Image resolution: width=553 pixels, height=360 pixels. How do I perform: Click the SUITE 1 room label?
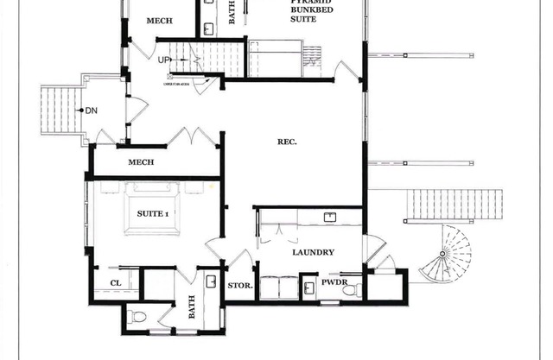[153, 212]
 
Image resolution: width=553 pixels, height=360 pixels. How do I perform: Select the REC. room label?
[288, 142]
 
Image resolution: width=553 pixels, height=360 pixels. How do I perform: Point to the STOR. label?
[239, 285]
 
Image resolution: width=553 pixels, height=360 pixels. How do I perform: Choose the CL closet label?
[115, 283]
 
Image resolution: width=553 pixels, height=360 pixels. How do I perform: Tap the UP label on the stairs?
[164, 60]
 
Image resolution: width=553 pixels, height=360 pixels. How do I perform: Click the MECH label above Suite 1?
[141, 162]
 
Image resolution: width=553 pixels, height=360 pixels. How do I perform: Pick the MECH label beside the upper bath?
[158, 20]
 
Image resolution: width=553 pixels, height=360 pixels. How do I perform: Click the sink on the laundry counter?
[329, 216]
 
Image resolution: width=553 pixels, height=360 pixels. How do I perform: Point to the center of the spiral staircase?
[448, 254]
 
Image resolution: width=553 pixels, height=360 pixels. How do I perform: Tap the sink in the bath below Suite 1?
[212, 282]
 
